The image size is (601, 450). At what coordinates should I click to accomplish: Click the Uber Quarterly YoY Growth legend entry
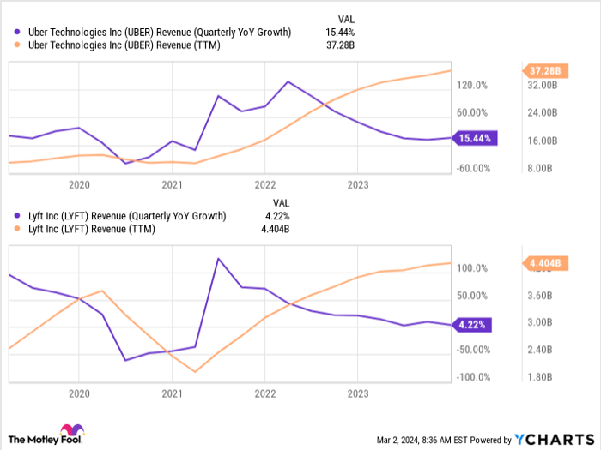tap(155, 33)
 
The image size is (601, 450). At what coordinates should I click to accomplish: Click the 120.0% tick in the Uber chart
tap(472, 85)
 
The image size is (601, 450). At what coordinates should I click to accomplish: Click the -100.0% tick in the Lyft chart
tap(470, 377)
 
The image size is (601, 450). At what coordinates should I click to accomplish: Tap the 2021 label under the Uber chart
tap(172, 184)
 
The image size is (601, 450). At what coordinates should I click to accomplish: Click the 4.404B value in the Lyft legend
tap(274, 229)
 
